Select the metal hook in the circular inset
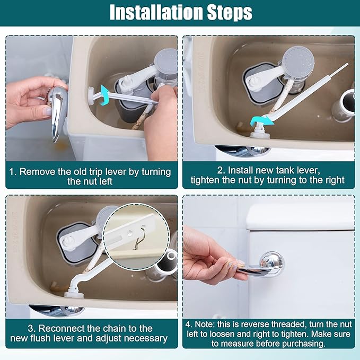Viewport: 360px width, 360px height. coord(139,242)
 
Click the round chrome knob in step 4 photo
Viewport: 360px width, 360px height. coord(271,263)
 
